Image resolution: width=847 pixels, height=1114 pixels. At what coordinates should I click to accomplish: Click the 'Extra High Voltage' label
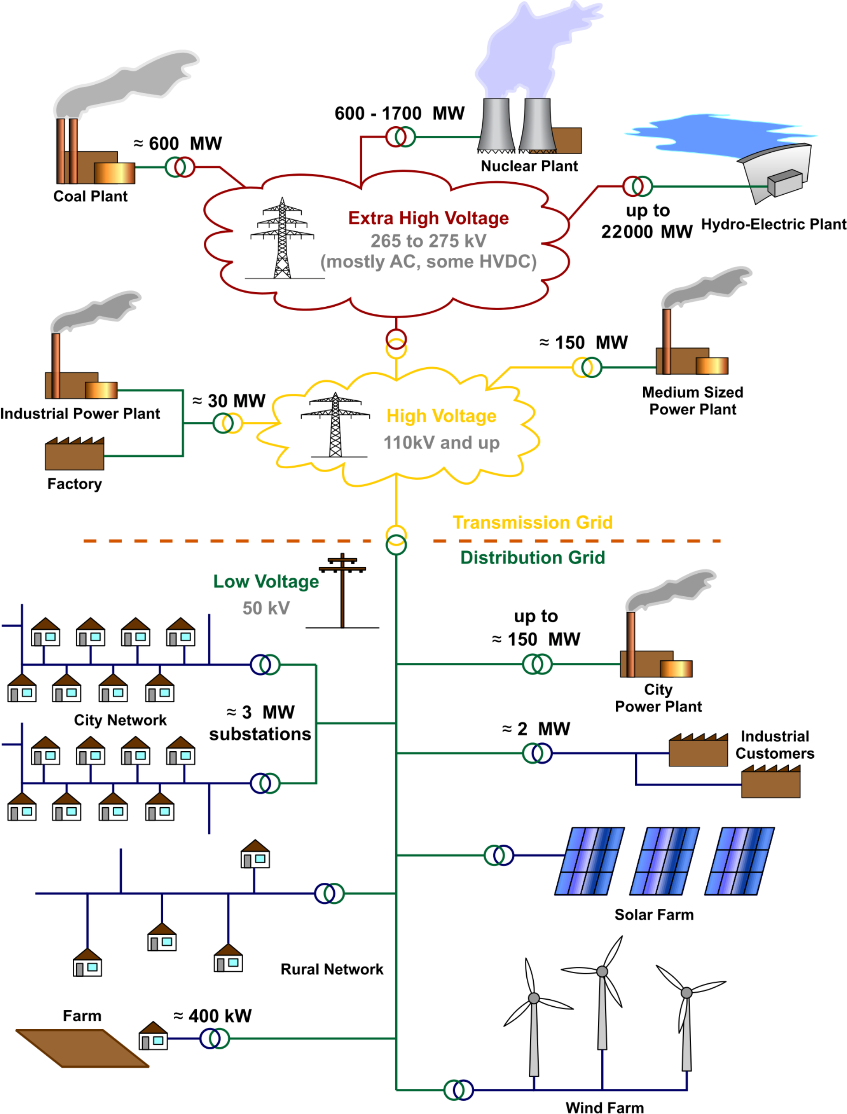click(428, 218)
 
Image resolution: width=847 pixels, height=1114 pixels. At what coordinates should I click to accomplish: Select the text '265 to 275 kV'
click(428, 241)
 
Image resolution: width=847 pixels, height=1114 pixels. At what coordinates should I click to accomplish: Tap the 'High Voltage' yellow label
click(441, 416)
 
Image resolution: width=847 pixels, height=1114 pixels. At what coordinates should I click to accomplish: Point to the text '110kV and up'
click(441, 443)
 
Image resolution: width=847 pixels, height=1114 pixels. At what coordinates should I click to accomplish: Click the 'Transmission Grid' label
click(532, 523)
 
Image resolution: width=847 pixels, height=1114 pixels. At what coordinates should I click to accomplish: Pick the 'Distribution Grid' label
click(532, 558)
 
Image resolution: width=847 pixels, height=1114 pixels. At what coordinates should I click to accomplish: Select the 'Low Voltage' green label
click(266, 582)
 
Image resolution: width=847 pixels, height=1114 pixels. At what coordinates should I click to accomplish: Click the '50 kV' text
click(266, 608)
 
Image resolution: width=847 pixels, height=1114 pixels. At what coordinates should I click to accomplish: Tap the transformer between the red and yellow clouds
click(396, 344)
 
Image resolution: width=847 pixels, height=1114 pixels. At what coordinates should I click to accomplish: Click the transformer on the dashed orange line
click(396, 540)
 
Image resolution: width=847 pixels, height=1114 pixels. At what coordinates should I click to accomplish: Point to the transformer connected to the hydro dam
click(638, 186)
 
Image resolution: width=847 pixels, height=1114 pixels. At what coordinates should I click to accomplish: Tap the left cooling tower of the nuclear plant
click(496, 124)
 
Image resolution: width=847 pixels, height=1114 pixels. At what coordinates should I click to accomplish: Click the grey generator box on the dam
click(784, 182)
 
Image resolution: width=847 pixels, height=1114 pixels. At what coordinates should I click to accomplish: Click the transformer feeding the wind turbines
click(458, 1090)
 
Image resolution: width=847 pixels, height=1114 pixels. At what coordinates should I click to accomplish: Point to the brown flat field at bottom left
click(82, 1048)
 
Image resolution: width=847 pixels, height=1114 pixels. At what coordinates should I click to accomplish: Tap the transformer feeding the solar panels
click(498, 855)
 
